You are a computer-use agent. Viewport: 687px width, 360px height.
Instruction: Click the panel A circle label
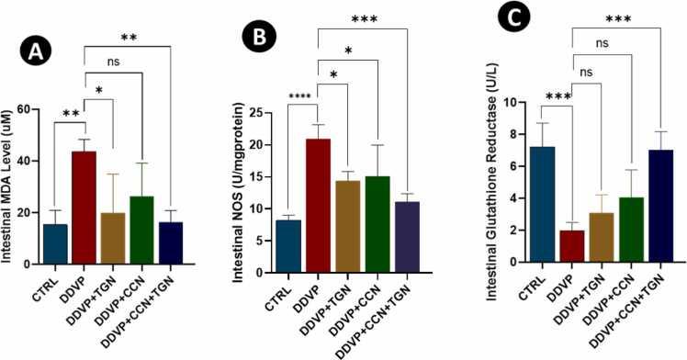coord(34,51)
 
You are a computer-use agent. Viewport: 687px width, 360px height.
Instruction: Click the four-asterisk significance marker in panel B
coord(302,96)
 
